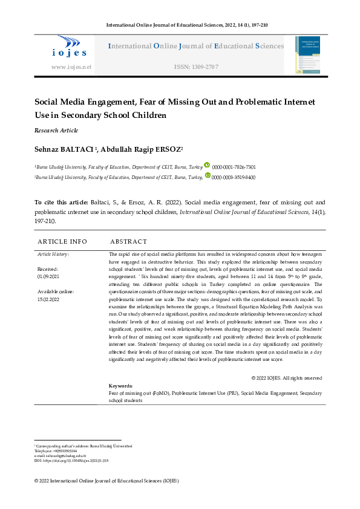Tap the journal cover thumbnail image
[309, 56]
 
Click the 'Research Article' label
[56, 130]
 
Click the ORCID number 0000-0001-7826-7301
[234, 167]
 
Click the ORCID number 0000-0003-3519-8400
[234, 177]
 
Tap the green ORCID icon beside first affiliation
[207, 165]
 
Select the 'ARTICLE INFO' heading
[62, 241]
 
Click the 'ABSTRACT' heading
[128, 241]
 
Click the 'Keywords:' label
[120, 386]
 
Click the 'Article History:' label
[53, 254]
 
